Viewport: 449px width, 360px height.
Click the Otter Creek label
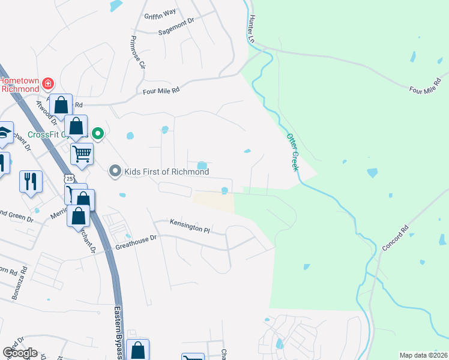292,152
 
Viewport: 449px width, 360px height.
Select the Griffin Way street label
160,16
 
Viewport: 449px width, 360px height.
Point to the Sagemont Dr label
176,32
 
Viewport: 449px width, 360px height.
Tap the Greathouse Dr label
136,242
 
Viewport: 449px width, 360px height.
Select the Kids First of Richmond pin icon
115,172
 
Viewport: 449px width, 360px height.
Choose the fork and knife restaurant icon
30,179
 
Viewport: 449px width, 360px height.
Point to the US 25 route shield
70,179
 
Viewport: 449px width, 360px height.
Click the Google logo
19,353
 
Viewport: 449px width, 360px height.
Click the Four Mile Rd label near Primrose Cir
161,91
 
